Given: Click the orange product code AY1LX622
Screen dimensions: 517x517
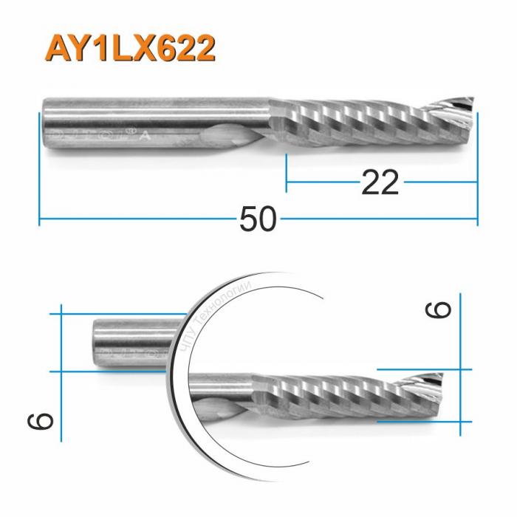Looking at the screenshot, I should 131,49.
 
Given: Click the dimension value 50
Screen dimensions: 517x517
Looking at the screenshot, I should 258,219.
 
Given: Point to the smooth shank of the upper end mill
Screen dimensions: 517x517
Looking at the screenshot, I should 148,118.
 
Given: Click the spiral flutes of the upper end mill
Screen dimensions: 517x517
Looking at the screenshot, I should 355,122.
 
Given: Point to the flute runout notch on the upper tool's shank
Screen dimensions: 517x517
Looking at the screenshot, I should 229,137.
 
